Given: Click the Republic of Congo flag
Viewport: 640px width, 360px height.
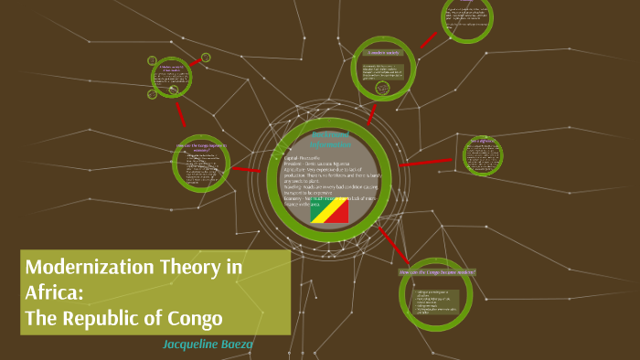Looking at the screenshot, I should [x=328, y=211].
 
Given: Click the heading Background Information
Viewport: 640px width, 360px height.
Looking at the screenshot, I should [x=330, y=139].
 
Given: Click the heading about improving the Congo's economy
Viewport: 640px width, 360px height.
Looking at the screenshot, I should [x=201, y=146].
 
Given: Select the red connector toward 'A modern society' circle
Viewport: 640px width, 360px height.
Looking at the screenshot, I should [x=370, y=113].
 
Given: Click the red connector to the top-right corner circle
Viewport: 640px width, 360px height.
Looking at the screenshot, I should [x=428, y=39].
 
